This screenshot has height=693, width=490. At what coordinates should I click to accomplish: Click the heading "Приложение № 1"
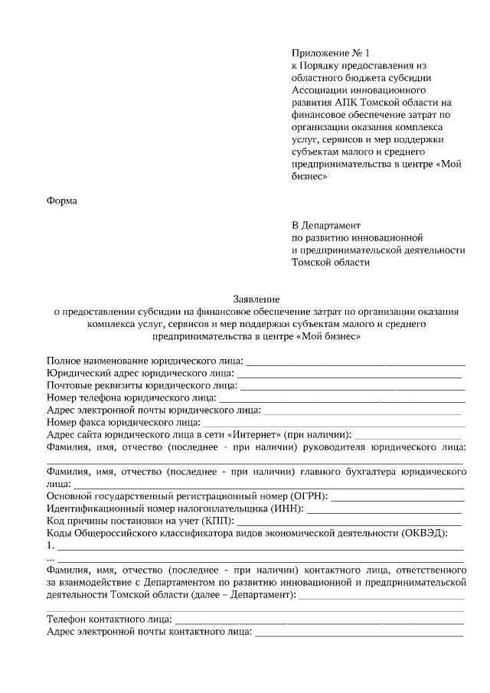330,53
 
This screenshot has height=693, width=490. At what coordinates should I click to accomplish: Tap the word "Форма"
62,201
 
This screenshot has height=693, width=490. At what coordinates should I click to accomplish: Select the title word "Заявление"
256,299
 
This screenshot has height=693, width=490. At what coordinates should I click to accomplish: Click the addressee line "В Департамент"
325,225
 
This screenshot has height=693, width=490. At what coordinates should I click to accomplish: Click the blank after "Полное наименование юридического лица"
355,361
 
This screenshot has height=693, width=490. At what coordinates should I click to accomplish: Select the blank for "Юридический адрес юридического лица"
348,374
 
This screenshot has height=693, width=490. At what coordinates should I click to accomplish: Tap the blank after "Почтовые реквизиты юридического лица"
352,386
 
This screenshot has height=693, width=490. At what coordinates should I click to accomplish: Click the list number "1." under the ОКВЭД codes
51,546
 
